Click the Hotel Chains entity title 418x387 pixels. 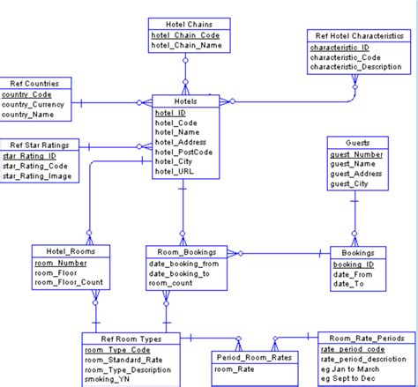click(x=185, y=24)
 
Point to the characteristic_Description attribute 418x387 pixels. click(x=362, y=66)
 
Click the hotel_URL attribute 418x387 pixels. click(x=175, y=171)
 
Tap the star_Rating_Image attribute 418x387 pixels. click(x=37, y=176)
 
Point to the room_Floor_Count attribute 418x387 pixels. click(x=69, y=283)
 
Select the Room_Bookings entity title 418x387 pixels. click(x=181, y=251)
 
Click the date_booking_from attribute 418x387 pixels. click(x=184, y=264)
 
